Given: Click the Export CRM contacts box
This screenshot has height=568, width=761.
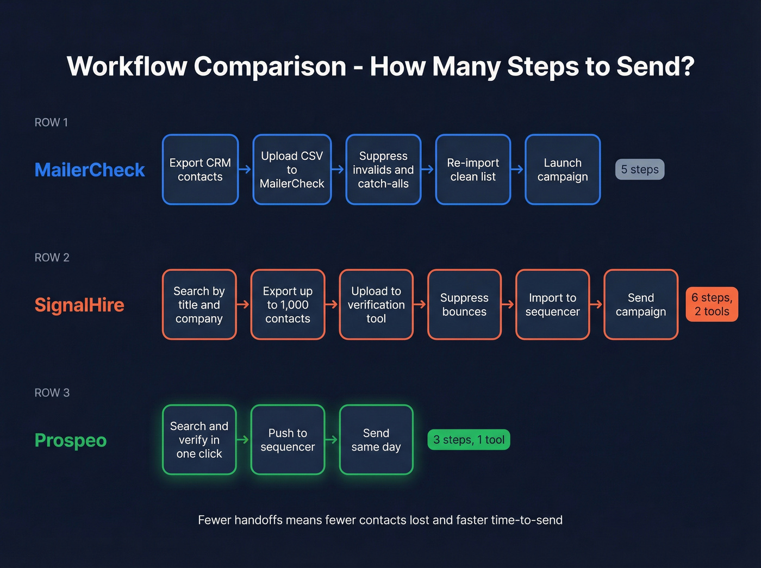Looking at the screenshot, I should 200,170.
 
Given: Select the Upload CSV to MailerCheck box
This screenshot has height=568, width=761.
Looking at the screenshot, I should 292,170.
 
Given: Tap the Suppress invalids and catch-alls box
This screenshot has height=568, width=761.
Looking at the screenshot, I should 383,170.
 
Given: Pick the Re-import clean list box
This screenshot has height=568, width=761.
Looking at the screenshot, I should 473,170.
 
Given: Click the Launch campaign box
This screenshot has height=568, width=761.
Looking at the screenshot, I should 563,170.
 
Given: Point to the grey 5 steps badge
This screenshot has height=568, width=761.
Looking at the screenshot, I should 640,170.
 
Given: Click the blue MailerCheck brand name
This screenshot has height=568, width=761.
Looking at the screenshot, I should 90,170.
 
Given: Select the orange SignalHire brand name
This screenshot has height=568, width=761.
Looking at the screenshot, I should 79,305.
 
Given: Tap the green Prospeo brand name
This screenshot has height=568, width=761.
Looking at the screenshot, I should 71,440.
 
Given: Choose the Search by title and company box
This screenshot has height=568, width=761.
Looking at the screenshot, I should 199,305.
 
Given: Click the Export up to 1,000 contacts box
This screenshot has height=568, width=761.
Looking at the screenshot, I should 288,305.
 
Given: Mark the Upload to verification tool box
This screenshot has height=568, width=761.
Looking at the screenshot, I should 376,305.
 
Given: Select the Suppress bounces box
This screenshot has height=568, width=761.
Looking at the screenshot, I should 464,305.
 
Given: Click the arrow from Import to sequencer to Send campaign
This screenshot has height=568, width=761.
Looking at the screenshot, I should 597,304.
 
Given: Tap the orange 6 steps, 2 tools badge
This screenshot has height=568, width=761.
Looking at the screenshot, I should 712,304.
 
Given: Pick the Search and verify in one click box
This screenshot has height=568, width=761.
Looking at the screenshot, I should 199,440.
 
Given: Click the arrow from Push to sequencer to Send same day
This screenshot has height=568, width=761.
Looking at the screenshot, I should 332,440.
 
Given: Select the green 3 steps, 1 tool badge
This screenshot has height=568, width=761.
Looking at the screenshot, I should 469,440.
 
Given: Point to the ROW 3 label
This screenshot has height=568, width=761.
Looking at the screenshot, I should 52,393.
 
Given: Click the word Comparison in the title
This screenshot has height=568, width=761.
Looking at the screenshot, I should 270,66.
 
